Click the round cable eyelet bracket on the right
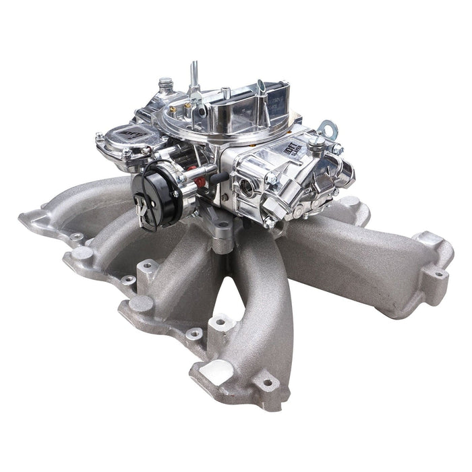pos(328,126)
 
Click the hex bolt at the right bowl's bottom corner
pos(269,221)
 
